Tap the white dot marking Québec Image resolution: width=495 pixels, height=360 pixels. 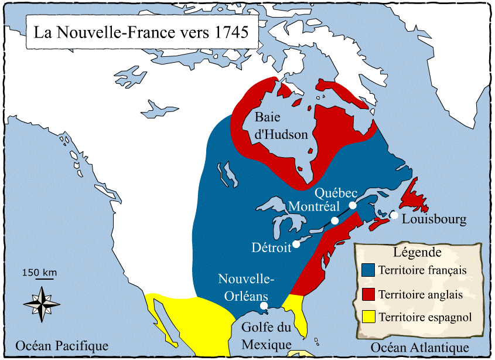point(353,205)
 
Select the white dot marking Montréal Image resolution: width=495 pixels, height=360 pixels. point(334,221)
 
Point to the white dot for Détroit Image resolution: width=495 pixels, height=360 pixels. point(296,244)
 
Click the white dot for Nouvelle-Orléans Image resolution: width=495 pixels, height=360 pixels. point(264,305)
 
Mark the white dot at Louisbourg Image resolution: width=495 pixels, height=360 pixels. point(395,215)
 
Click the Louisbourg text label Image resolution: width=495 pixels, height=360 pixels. point(434,220)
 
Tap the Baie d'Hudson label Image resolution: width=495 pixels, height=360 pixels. point(281,126)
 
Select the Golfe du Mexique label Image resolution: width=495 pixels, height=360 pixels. point(267,337)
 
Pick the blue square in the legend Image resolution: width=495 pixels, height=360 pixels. point(368,270)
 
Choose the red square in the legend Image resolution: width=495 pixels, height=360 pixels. point(368,294)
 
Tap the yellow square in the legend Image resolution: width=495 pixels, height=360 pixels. point(368,317)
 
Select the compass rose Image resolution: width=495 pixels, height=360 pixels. point(42,303)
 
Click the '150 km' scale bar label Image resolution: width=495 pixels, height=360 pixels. point(39,272)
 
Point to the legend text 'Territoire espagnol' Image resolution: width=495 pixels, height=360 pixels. point(425,318)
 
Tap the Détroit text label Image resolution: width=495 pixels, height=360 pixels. point(271,248)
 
